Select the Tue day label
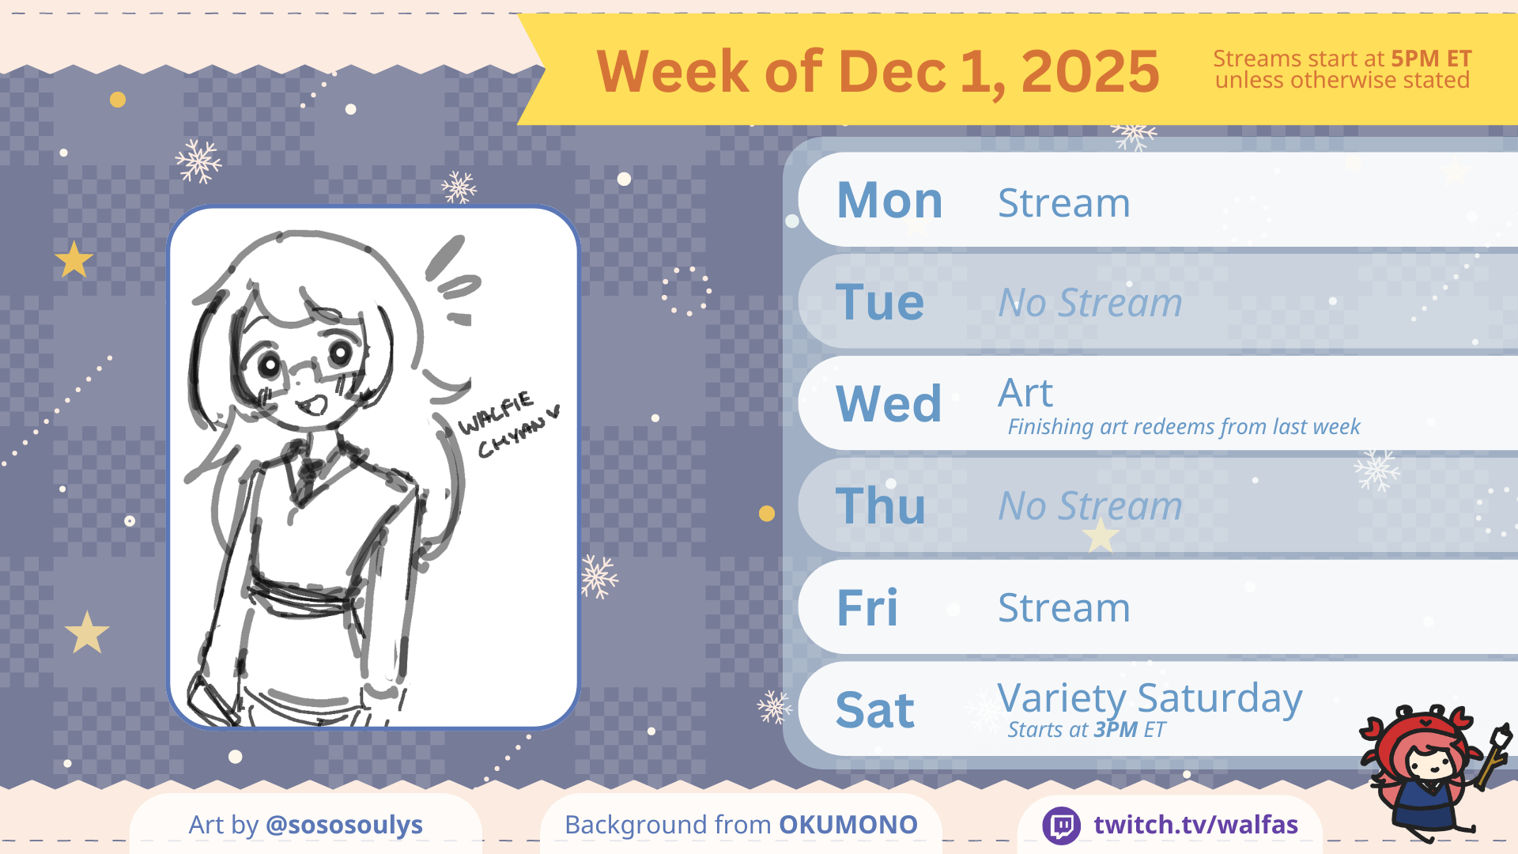[880, 302]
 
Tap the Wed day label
[889, 403]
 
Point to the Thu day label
[880, 505]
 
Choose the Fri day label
[867, 607]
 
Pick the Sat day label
[875, 709]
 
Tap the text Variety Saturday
[1150, 699]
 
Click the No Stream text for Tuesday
[1090, 302]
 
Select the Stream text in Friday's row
[1064, 607]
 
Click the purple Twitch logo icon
[1061, 826]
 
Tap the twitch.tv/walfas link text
[1195, 825]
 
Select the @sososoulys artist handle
[344, 825]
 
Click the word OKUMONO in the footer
[848, 825]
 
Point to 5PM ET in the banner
[1431, 59]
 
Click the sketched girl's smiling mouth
[312, 406]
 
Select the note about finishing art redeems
[1184, 427]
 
